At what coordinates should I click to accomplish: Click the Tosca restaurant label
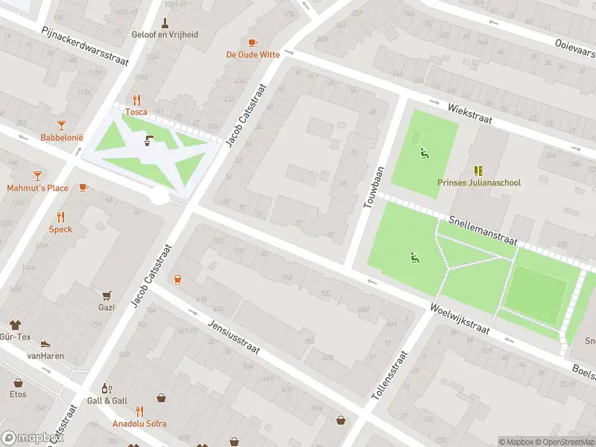[136, 112]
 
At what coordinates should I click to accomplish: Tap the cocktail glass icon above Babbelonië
[61, 125]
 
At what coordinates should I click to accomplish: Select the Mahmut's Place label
[38, 188]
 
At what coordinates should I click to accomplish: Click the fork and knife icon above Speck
[60, 217]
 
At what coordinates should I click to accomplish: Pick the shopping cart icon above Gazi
[107, 295]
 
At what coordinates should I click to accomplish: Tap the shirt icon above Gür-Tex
[16, 325]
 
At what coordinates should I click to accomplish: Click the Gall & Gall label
[107, 400]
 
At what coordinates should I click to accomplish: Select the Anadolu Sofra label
[139, 423]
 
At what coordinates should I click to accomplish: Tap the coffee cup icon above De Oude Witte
[253, 42]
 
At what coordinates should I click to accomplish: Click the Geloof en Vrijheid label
[165, 35]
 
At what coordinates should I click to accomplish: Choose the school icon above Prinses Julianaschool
[478, 171]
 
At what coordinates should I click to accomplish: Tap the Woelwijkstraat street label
[459, 318]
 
